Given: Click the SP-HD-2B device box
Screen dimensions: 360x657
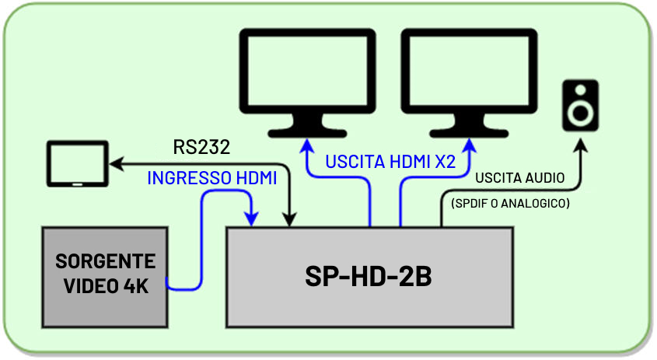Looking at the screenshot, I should (369, 277).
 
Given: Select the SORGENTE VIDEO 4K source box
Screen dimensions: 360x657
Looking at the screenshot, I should (106, 275).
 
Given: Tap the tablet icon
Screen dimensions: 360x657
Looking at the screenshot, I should (76, 164).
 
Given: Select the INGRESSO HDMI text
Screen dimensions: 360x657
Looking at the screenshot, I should (212, 178).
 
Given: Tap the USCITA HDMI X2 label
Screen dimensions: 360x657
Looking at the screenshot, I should (390, 163).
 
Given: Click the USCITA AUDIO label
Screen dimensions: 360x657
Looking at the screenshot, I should (519, 179).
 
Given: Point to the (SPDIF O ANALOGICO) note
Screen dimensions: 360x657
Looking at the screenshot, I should (511, 204).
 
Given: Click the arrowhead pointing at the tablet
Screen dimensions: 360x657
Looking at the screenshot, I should (116, 164).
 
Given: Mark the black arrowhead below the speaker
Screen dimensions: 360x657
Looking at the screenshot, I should (581, 145).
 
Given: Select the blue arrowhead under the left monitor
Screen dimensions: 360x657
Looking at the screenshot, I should (308, 146).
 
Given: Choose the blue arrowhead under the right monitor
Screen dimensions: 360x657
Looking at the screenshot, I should (469, 146).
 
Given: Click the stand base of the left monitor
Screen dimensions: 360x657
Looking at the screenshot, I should (308, 130).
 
